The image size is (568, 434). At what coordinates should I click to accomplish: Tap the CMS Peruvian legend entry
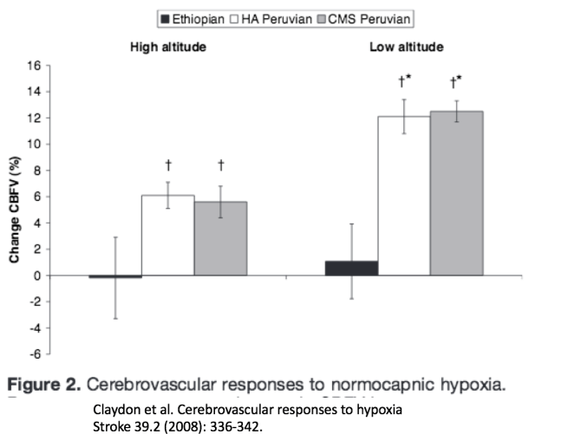coord(368,18)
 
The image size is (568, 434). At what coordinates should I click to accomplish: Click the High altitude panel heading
coord(168,47)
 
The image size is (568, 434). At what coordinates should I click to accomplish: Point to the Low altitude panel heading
coord(406,47)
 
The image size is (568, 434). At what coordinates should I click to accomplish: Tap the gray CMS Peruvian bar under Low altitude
coord(457,194)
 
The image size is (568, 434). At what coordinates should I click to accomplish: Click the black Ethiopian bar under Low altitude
coord(351,269)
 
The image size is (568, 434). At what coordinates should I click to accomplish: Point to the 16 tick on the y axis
coord(35,66)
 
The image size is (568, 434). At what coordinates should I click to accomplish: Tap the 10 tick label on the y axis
coord(35,144)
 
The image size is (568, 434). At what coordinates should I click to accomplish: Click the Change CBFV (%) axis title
coord(14,210)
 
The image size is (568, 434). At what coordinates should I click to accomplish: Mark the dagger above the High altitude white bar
coord(168,165)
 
